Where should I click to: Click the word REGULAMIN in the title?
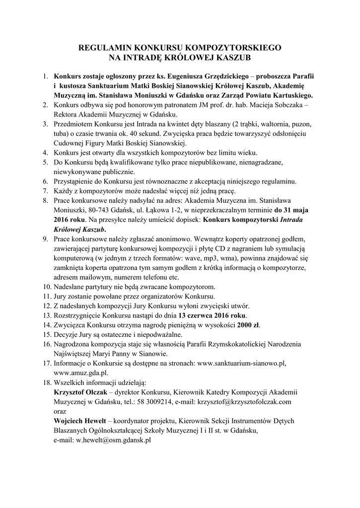104,48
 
